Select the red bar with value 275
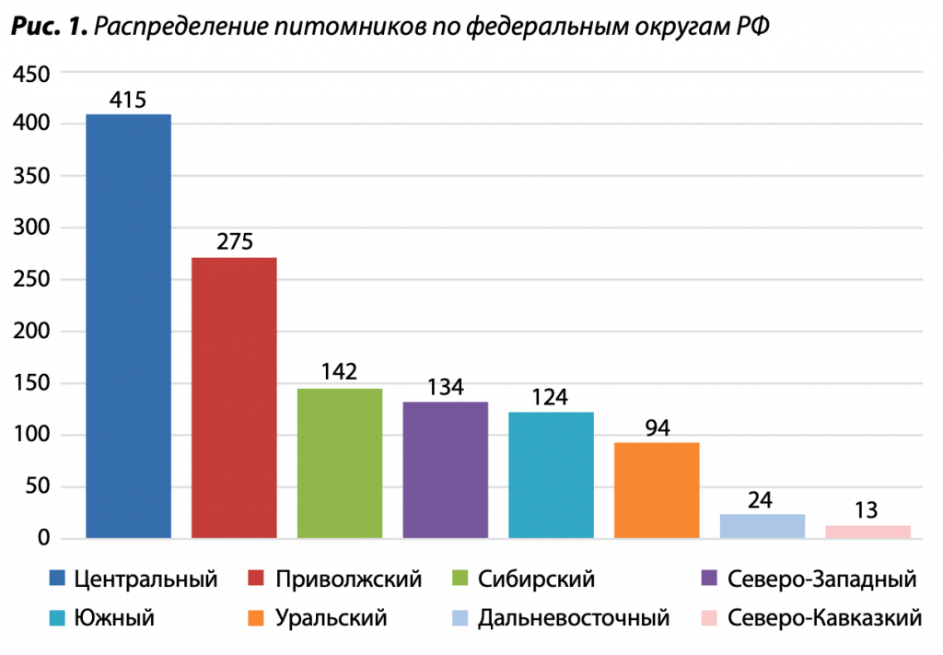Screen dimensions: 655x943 click(234, 397)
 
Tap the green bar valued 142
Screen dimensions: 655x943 click(340, 463)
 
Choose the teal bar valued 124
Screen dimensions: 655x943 click(551, 474)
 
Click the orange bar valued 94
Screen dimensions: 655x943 click(657, 490)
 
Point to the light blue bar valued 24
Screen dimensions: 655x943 click(763, 526)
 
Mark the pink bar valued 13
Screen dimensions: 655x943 click(867, 532)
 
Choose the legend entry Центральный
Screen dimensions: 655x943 click(146, 580)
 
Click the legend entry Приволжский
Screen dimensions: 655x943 click(348, 580)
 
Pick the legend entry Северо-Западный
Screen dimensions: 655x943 click(821, 580)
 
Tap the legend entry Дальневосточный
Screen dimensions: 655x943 click(573, 618)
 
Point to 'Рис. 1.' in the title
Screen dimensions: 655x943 click(49, 27)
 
